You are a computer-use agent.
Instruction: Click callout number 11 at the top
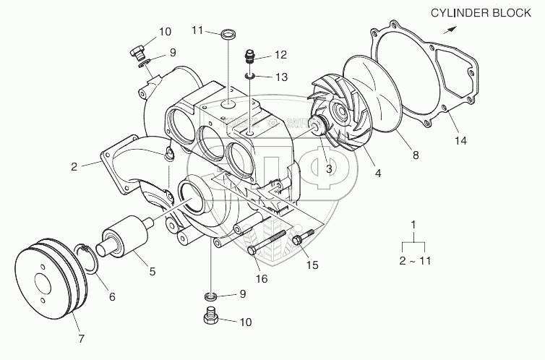point(197,31)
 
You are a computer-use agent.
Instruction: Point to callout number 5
point(152,272)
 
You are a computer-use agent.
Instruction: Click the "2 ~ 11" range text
point(413,260)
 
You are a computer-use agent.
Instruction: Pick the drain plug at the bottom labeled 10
point(211,319)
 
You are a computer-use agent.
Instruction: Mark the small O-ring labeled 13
point(250,75)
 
